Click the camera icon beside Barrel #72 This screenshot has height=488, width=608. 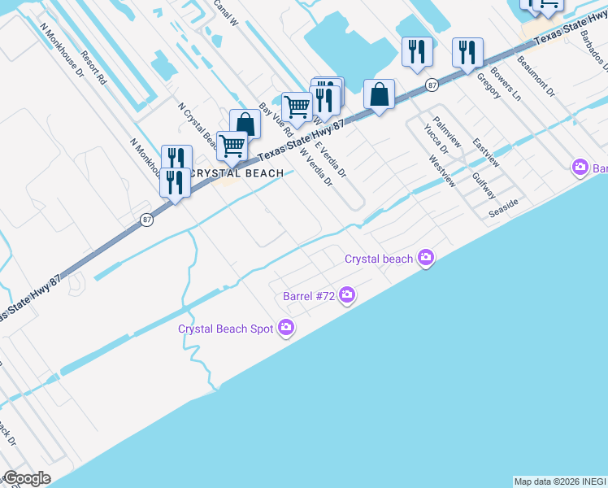click(347, 295)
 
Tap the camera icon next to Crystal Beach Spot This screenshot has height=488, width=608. click(285, 329)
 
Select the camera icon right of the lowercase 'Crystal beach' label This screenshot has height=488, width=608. click(425, 259)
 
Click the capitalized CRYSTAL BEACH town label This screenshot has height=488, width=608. click(237, 173)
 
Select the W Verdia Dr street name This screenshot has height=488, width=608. click(317, 167)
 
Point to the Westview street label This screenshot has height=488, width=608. click(441, 172)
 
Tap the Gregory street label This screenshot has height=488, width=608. click(488, 85)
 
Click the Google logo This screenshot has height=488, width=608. click(26, 478)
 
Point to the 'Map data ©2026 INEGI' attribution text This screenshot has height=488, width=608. click(559, 481)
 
